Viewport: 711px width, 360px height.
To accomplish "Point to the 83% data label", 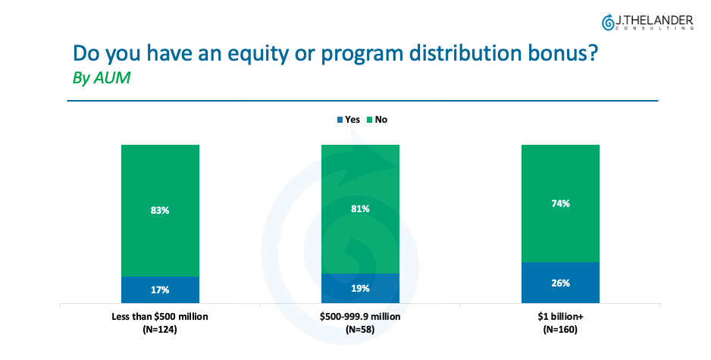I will click(160, 210).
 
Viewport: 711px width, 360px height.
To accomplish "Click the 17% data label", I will click(160, 290).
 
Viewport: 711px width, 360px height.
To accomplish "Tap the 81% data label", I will click(360, 208).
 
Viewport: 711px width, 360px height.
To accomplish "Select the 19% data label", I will click(360, 288).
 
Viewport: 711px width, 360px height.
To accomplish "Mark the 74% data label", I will click(561, 203).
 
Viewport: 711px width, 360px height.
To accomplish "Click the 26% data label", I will click(561, 283).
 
